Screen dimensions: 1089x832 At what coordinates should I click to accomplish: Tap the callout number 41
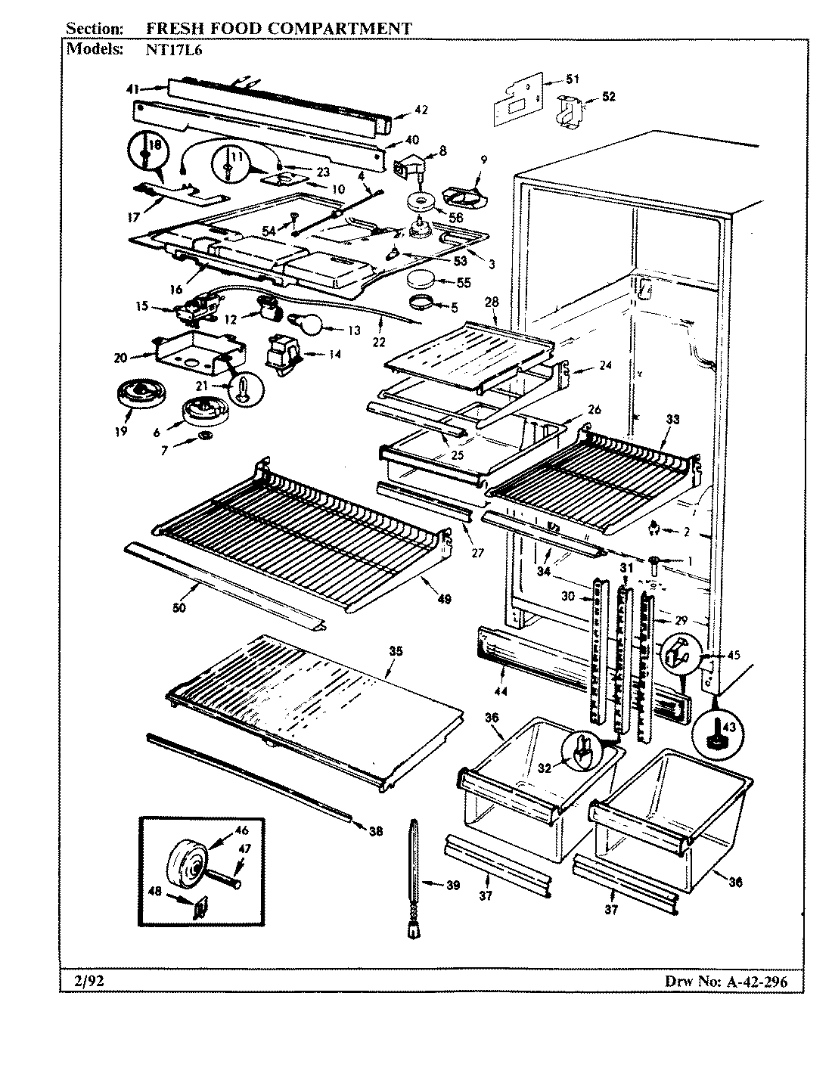tap(132, 89)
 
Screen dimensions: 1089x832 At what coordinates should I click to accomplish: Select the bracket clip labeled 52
tap(569, 108)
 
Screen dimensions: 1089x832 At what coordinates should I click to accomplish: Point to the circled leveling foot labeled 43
tap(714, 731)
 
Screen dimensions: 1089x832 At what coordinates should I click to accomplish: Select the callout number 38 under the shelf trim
tap(375, 832)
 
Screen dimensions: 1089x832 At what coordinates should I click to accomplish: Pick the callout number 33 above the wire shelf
tap(672, 420)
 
